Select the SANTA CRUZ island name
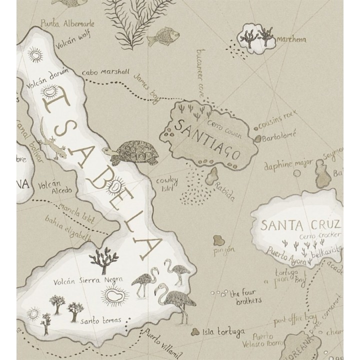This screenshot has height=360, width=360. click(x=301, y=224)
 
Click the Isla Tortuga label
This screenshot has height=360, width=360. click(x=223, y=331)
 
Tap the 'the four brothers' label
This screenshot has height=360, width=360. click(x=245, y=297)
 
